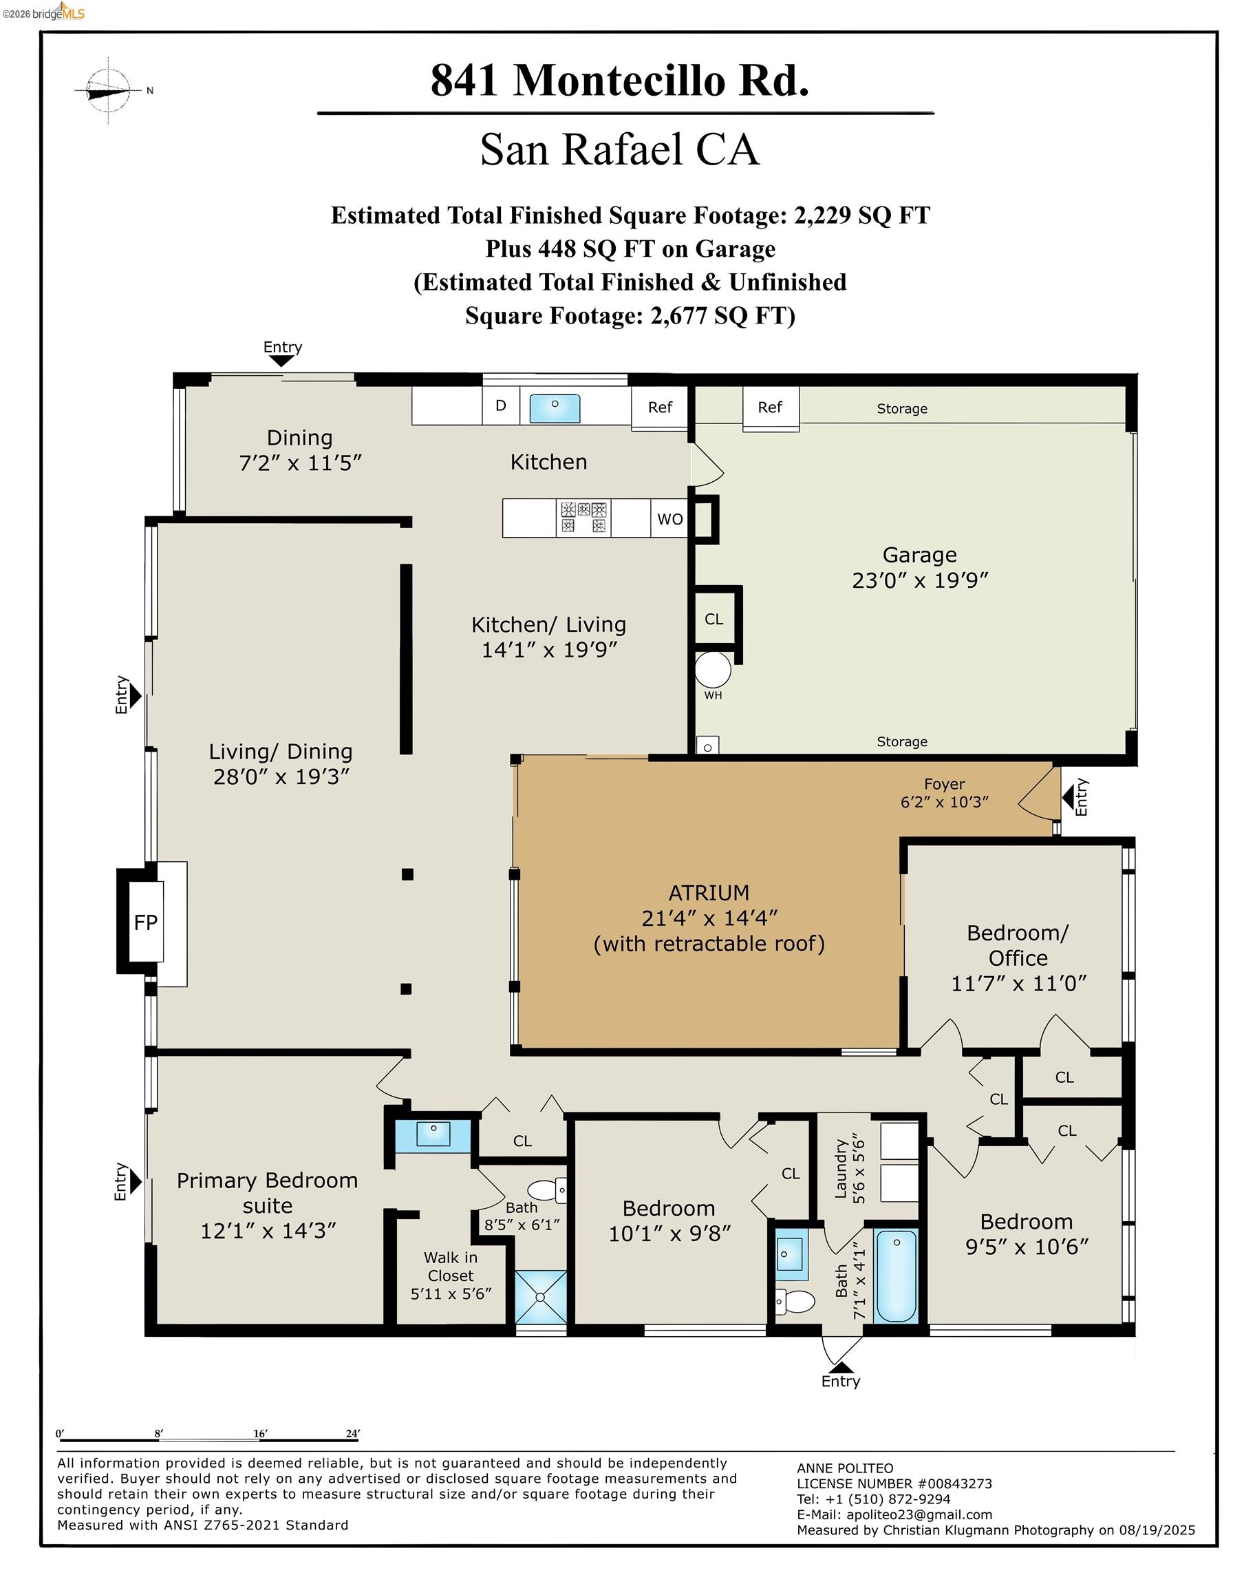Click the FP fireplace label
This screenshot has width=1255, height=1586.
pyautogui.click(x=145, y=922)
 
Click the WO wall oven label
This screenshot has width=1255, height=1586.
pyautogui.click(x=669, y=519)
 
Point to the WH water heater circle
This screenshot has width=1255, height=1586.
pyautogui.click(x=713, y=670)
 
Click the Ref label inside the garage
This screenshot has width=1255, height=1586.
pyautogui.click(x=769, y=407)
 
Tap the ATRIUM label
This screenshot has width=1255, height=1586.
pyautogui.click(x=708, y=893)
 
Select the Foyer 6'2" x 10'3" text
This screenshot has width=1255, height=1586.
pyautogui.click(x=944, y=793)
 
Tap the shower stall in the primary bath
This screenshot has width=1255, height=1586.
pyautogui.click(x=541, y=1296)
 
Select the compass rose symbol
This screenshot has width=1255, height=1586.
pyautogui.click(x=109, y=90)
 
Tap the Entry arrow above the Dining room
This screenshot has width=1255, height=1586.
pyautogui.click(x=281, y=360)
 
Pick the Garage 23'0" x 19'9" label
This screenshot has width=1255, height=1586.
pyautogui.click(x=919, y=567)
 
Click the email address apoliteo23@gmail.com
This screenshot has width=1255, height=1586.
pyautogui.click(x=919, y=1514)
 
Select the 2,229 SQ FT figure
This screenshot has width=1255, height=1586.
pyautogui.click(x=862, y=215)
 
